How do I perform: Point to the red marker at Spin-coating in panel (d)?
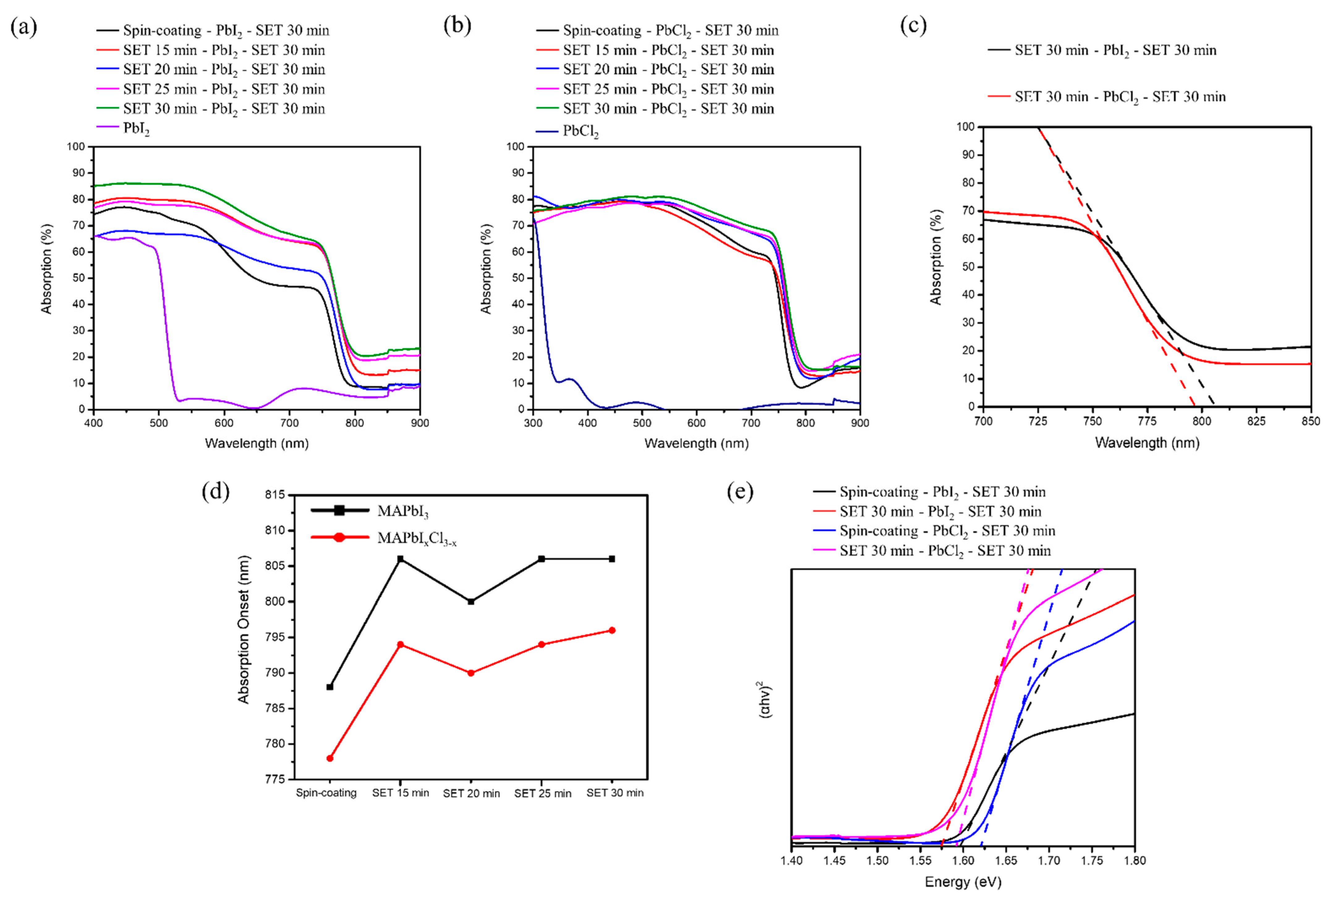[x=330, y=758]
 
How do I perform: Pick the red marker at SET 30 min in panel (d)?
[x=612, y=630]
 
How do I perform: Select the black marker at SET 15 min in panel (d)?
[x=400, y=559]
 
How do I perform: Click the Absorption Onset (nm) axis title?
[x=244, y=629]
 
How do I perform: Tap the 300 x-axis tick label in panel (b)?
[x=533, y=423]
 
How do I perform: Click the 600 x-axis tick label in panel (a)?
[x=224, y=423]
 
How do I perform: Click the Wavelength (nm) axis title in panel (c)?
[x=1147, y=442]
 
